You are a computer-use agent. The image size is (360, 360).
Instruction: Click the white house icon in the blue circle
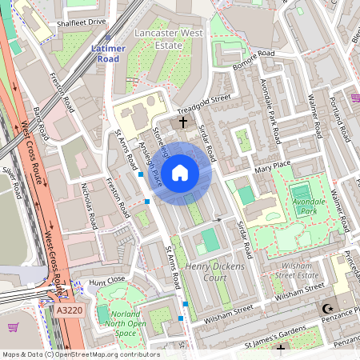point(180,171)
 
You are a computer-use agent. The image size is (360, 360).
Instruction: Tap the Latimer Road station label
point(108,53)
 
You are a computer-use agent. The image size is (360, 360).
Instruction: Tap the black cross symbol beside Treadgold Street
point(183,122)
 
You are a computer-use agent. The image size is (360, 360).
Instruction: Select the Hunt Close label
point(107,281)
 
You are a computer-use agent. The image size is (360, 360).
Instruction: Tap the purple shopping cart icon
point(14,326)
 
